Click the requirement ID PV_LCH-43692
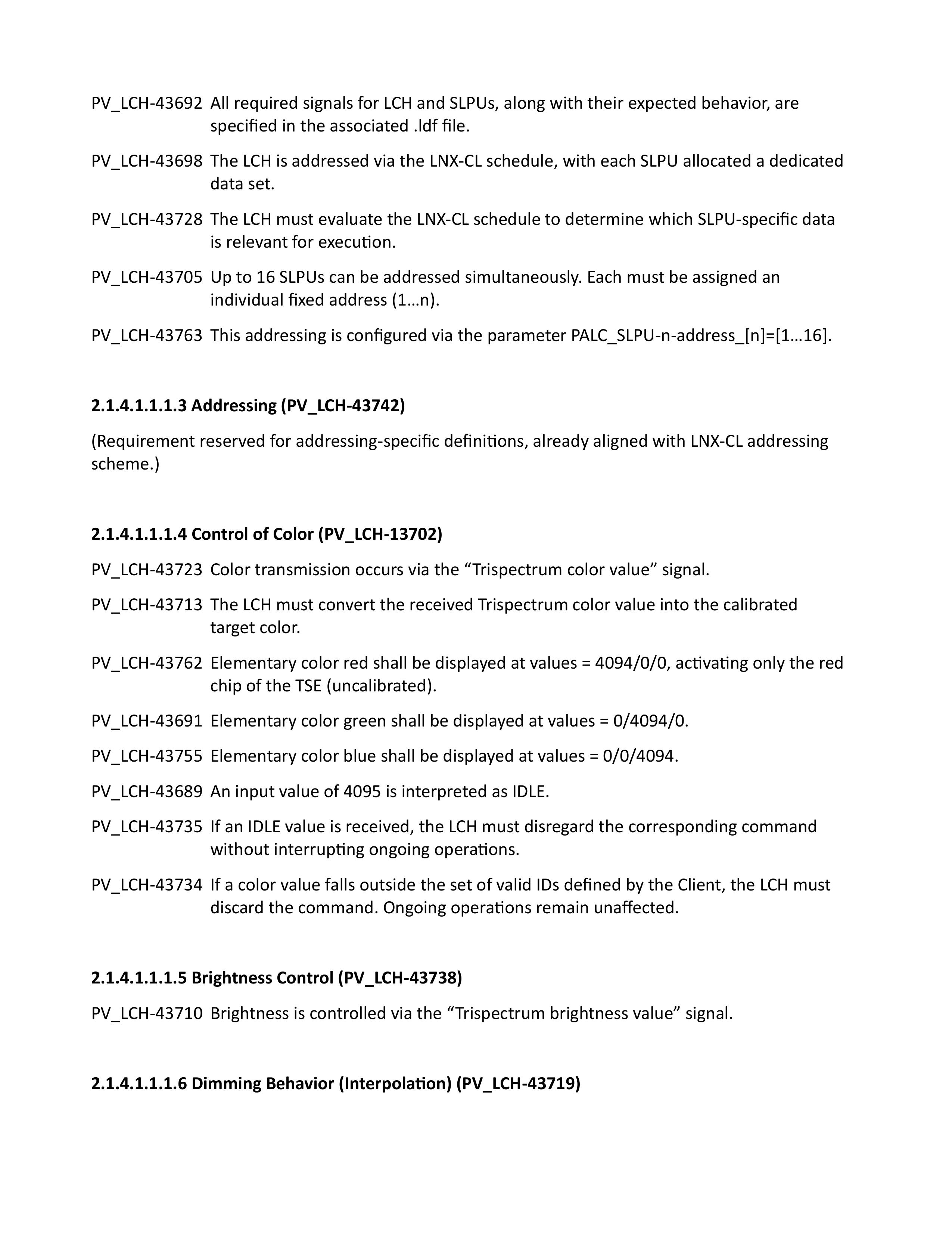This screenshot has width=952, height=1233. (x=147, y=103)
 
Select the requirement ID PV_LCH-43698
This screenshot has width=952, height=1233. (x=147, y=161)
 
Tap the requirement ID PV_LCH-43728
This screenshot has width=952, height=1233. (x=147, y=220)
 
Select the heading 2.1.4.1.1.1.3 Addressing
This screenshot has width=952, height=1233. (x=248, y=406)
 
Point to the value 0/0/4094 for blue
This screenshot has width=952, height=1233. (x=640, y=756)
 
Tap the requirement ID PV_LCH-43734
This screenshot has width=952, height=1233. (x=147, y=885)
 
